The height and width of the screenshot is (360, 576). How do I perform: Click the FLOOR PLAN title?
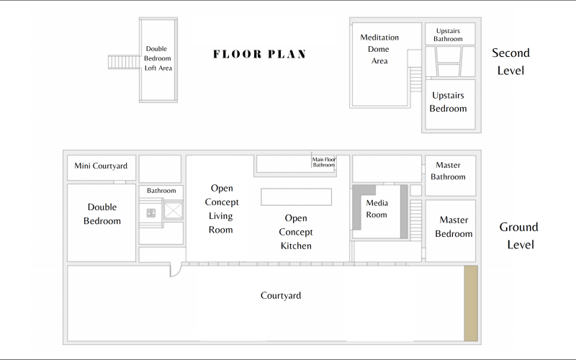(259, 54)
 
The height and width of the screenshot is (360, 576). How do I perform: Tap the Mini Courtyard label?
(101, 166)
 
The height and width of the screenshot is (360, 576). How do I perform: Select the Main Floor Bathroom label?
(323, 162)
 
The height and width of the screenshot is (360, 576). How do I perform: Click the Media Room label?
(377, 209)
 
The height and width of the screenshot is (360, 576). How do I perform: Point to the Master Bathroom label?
(448, 171)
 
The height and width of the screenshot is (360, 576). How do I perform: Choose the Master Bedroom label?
(454, 227)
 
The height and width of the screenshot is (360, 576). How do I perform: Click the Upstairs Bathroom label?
(448, 35)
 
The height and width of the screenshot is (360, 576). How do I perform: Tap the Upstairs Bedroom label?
(448, 102)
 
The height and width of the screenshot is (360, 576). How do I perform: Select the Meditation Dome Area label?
(379, 49)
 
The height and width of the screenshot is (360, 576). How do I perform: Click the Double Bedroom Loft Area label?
(158, 58)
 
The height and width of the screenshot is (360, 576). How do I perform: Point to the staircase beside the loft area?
(124, 62)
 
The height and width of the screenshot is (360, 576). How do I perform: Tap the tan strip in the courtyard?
(471, 303)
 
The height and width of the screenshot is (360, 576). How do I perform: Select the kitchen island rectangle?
(296, 197)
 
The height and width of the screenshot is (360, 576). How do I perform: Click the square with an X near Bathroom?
(173, 210)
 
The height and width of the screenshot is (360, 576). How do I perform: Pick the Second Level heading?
(510, 61)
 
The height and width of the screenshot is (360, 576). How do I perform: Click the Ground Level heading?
(518, 235)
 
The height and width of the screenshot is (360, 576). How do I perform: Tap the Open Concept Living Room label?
(222, 209)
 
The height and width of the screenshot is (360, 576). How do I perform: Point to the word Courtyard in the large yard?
(281, 295)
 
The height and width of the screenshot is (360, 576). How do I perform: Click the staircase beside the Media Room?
(415, 220)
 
